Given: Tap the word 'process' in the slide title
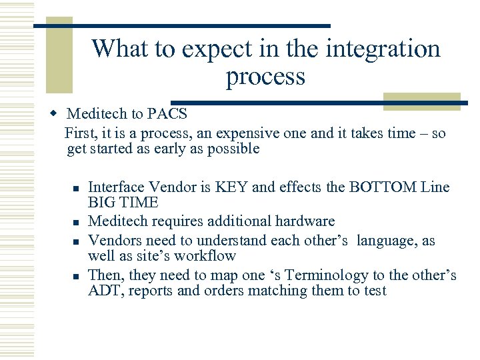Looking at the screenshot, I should pos(265,77).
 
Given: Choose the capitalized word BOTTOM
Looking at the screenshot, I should pos(383,187).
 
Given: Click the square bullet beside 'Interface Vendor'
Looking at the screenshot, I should pos(77,189).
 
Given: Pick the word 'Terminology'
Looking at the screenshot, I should pos(308,275).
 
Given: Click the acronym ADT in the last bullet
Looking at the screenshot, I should pos(103,291).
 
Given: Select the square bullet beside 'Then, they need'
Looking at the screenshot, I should pos(77,275).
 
